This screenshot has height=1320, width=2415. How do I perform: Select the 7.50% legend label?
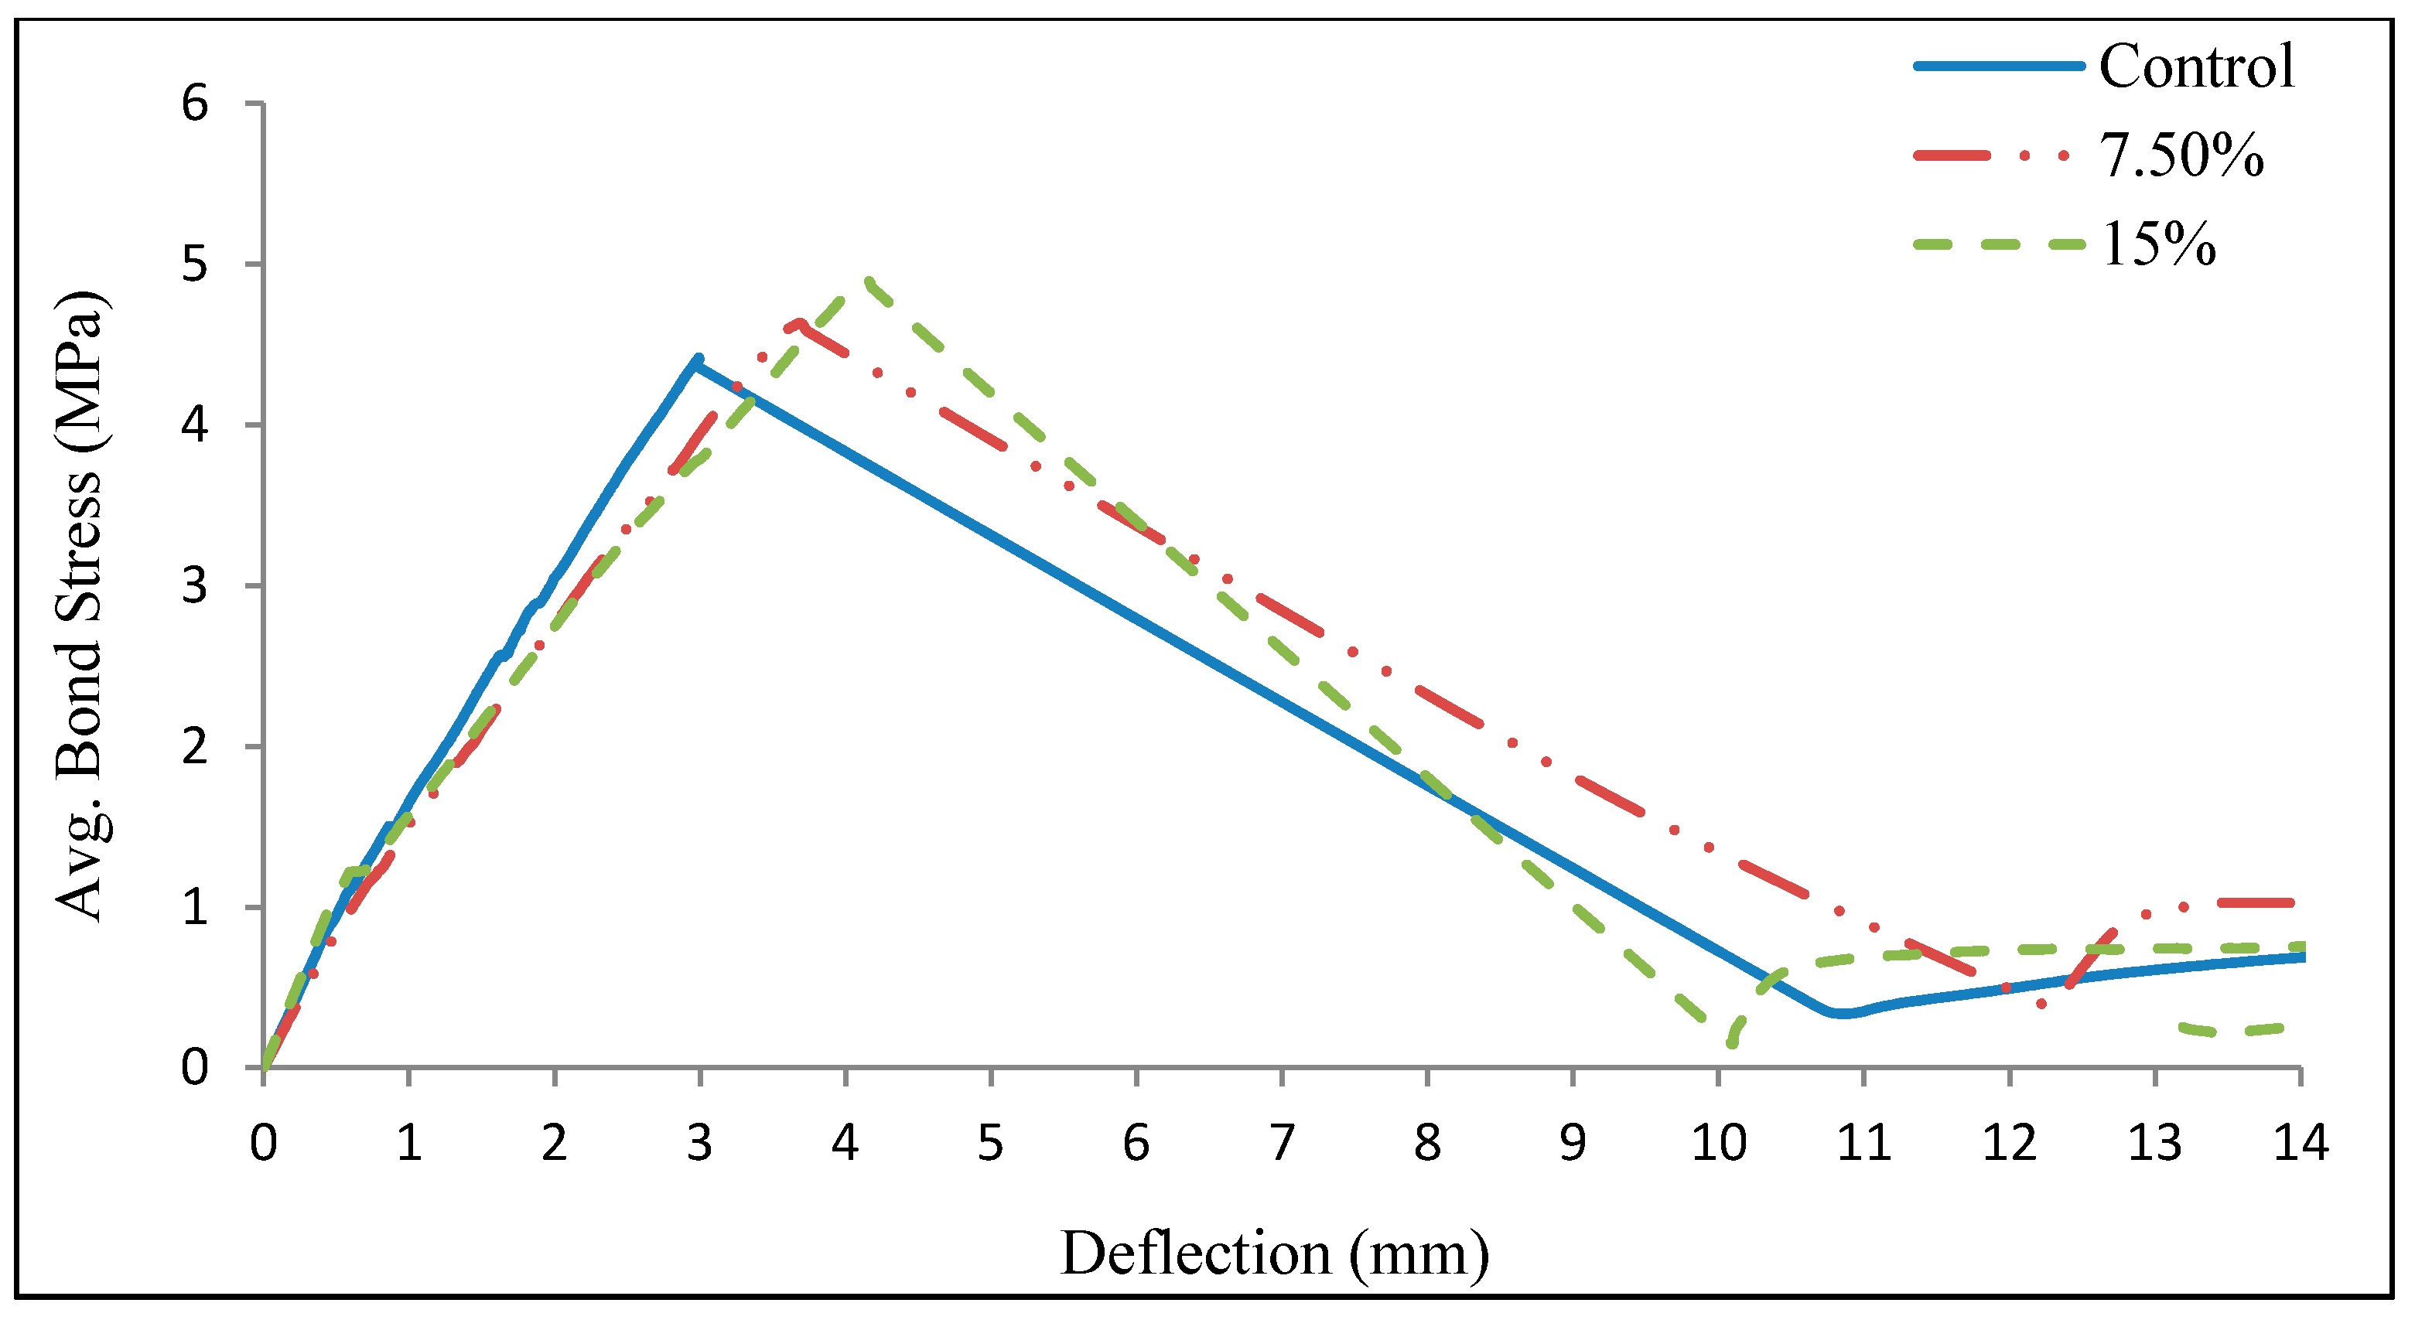click(x=2181, y=155)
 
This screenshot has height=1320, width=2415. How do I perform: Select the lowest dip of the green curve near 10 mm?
click(x=1730, y=1042)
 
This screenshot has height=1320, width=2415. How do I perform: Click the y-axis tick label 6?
click(x=194, y=103)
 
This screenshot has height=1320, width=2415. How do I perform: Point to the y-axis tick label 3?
click(x=194, y=586)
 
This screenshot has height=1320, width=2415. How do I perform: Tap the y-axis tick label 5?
click(x=194, y=264)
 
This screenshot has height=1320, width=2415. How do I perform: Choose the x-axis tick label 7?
click(x=1282, y=1143)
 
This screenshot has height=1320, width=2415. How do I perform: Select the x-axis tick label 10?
click(x=1717, y=1143)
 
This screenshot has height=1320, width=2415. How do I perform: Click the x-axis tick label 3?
click(x=699, y=1143)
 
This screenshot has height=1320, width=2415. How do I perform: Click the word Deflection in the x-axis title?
click(x=1194, y=1253)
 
